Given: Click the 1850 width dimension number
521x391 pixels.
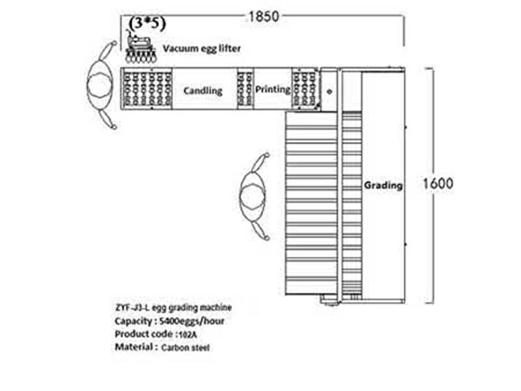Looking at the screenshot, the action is pyautogui.click(x=264, y=16).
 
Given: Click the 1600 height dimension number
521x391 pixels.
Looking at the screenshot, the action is pyautogui.click(x=438, y=184).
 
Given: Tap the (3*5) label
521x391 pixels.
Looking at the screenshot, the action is pyautogui.click(x=147, y=23).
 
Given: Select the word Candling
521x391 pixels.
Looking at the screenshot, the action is pyautogui.click(x=203, y=91).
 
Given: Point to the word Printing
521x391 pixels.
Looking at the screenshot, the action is pyautogui.click(x=273, y=89).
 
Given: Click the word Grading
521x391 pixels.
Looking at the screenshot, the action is pyautogui.click(x=383, y=186).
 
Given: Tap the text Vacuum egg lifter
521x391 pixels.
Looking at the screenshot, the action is pyautogui.click(x=202, y=48).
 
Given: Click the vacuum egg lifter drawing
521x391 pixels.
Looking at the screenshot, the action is pyautogui.click(x=141, y=46).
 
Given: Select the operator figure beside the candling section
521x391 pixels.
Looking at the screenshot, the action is pyautogui.click(x=102, y=85).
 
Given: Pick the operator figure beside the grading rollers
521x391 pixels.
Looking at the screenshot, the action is pyautogui.click(x=254, y=196).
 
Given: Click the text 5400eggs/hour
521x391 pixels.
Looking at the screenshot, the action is pyautogui.click(x=191, y=321).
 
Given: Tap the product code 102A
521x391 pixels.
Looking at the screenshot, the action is pyautogui.click(x=188, y=335).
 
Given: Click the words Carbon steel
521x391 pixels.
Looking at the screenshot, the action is pyautogui.click(x=186, y=348).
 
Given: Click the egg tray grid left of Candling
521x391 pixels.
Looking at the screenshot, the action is pyautogui.click(x=147, y=89).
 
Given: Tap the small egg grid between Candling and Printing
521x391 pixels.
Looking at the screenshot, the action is pyautogui.click(x=246, y=89).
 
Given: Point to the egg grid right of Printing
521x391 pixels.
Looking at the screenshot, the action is pyautogui.click(x=305, y=89).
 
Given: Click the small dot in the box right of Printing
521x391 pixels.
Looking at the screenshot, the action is pyautogui.click(x=330, y=91).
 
